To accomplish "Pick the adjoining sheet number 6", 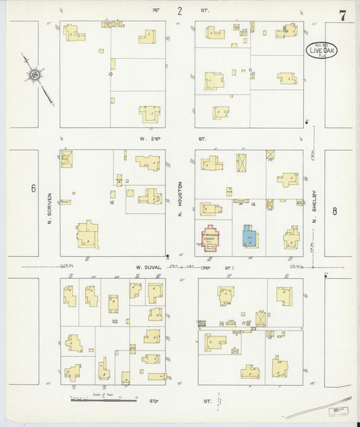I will (x=33, y=189).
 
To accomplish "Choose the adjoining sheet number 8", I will (x=334, y=211).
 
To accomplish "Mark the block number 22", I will (x=115, y=322).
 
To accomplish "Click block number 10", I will (x=109, y=74).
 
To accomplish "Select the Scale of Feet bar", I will (x=101, y=397).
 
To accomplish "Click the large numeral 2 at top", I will (x=180, y=11).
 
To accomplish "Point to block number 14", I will (x=253, y=203).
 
